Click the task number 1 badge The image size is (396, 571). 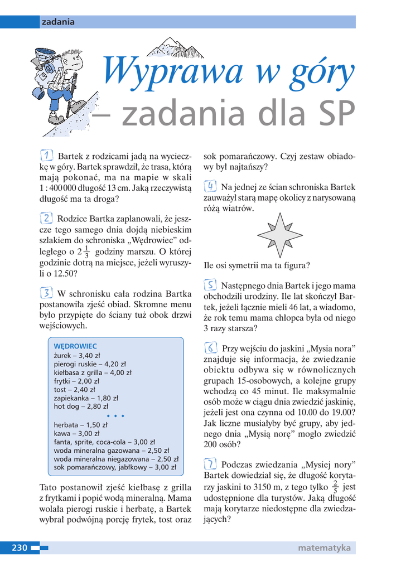[47, 154]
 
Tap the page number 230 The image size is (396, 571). [20, 548]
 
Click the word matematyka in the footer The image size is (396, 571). [323, 548]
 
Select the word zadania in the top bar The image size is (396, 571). [58, 22]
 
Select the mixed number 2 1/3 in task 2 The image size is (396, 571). [83, 250]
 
